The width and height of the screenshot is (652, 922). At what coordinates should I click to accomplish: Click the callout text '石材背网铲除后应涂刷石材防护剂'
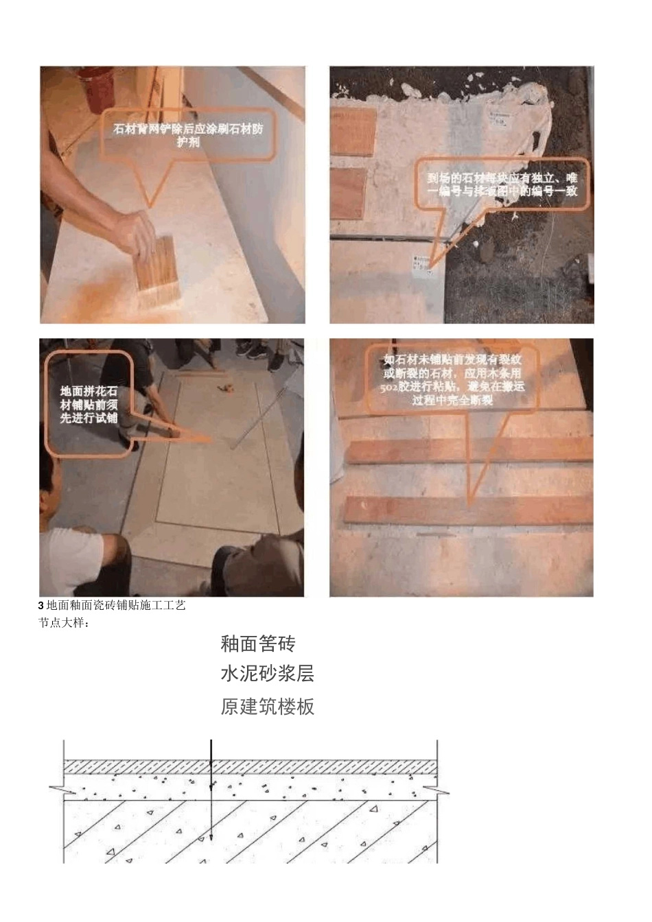[x=188, y=135]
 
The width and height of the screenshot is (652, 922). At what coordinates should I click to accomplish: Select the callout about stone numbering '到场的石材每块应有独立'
[x=502, y=185]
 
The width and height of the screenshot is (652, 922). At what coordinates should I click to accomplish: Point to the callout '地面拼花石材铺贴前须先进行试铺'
[x=89, y=405]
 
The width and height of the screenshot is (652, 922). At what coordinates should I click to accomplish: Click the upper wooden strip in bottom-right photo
[x=470, y=450]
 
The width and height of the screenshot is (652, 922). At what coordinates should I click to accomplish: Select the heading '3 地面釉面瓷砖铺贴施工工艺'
[x=113, y=606]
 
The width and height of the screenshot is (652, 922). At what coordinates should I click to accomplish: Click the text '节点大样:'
[x=64, y=624]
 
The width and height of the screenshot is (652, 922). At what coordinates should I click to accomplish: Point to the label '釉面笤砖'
[x=258, y=644]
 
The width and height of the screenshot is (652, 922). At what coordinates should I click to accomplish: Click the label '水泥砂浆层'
[x=268, y=674]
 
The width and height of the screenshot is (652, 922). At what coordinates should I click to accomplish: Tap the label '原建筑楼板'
[x=268, y=707]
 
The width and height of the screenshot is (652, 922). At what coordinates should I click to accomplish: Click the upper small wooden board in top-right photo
[x=354, y=131]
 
